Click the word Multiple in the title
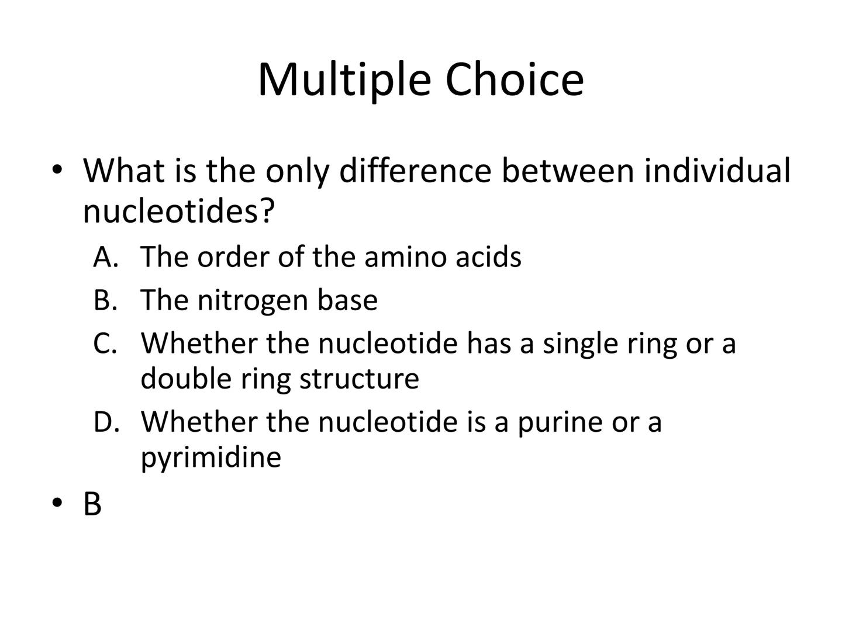coord(345,81)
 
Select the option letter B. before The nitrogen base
coord(105,300)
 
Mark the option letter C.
coord(105,343)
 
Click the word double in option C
coord(186,378)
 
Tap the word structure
coord(359,379)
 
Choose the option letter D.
coord(106,421)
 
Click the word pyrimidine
coord(211,459)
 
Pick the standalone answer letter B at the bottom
coord(92,504)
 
